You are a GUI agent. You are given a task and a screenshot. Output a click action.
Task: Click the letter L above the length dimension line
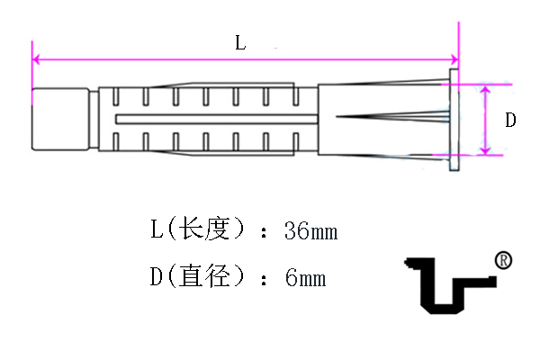point(240,43)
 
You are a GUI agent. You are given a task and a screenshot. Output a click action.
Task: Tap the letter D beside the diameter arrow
point(510,120)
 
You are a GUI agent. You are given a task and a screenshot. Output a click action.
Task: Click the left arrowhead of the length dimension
point(36,59)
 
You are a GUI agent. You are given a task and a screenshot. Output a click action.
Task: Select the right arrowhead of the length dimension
point(454,59)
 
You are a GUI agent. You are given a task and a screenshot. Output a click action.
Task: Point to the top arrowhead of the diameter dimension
point(485,90)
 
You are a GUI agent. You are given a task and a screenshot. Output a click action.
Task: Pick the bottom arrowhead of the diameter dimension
point(485,150)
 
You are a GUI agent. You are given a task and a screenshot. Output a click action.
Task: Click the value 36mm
point(311,230)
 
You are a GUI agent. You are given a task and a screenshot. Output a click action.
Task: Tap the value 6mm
point(305,278)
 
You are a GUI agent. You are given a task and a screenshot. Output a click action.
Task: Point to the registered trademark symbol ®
point(503,260)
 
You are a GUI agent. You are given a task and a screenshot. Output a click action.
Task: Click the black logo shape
point(451,285)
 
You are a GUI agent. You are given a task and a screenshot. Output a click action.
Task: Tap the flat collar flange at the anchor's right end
point(454,120)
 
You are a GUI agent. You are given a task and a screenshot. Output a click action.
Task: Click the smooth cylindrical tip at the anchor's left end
point(60,119)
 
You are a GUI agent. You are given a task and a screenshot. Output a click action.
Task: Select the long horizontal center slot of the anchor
point(216,119)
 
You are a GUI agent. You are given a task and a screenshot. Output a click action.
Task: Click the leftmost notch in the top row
point(116,96)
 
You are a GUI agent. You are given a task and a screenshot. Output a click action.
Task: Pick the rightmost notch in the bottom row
point(295,141)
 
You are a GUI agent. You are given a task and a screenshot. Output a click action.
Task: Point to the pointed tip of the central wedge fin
point(337,117)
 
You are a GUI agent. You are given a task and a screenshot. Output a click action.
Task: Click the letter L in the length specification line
point(157,229)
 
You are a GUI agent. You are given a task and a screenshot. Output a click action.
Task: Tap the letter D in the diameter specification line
point(157,276)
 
